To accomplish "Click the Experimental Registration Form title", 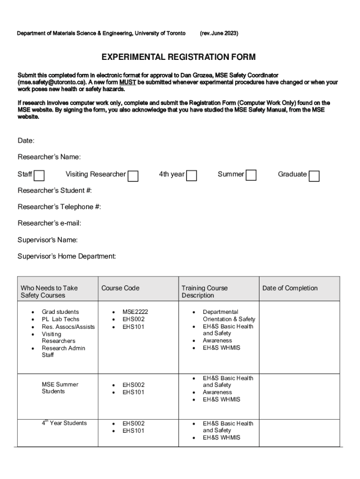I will point(179,57).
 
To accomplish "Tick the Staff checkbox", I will point(40,175).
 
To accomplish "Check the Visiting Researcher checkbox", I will point(133,176).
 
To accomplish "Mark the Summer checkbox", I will point(251,175).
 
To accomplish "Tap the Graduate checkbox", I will point(315,176).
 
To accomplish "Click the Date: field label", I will point(26,141).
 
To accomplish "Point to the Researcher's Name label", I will point(49,157).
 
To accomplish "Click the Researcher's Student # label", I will point(55,190).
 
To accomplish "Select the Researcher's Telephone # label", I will point(59,207).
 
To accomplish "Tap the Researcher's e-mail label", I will point(50,223).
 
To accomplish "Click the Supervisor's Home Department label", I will point(67,256).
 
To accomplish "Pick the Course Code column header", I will point(120,288).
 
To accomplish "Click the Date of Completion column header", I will point(290,288).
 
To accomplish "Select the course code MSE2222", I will point(135,312).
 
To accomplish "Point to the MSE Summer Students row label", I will point(60,388).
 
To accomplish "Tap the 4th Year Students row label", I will point(64,423).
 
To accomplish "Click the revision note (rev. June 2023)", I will point(219,33).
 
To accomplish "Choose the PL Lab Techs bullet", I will point(61,319).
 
